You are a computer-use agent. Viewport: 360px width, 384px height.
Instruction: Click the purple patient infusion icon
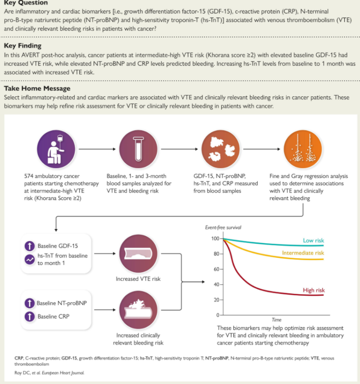tap(56, 148)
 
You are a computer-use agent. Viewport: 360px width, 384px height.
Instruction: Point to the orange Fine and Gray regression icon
tap(303, 148)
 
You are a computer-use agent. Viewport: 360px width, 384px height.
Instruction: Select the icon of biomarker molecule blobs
tap(220, 148)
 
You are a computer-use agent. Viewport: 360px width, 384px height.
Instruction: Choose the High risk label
tap(314, 290)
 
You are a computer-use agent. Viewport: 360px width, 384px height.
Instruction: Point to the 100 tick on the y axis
tap(214, 239)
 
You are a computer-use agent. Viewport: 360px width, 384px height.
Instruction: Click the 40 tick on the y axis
tap(216, 285)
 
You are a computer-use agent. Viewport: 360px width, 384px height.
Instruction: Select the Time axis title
tap(276, 320)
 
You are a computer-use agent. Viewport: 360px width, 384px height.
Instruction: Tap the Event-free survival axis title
tap(224, 227)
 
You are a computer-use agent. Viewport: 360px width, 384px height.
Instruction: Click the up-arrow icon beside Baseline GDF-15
tap(30, 245)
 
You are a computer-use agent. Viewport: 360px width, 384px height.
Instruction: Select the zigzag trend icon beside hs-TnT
tap(30, 260)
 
